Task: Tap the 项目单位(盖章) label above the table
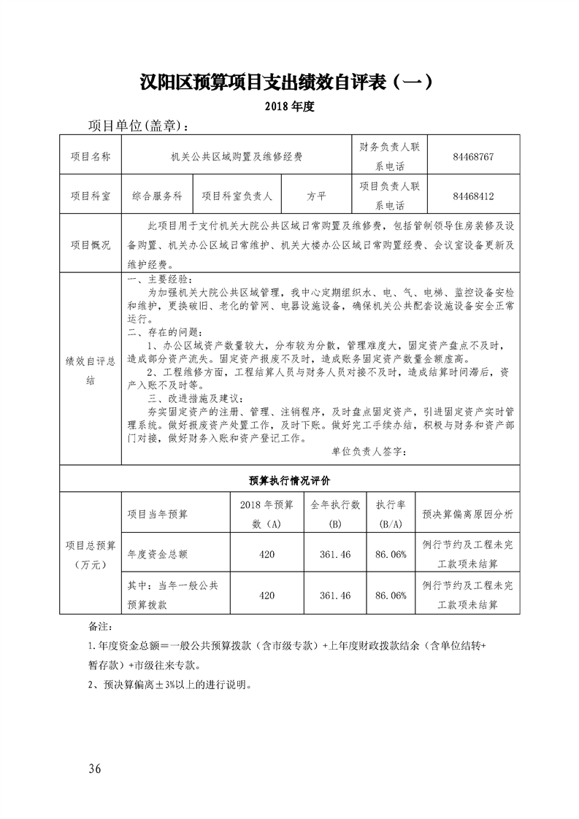(x=138, y=126)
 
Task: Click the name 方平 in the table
(x=316, y=196)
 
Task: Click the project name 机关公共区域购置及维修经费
(x=236, y=155)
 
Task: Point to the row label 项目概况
(x=91, y=245)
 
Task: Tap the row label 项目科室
(x=91, y=196)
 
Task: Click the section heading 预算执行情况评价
(x=289, y=480)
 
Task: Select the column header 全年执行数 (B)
(x=335, y=514)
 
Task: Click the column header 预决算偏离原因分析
(x=467, y=514)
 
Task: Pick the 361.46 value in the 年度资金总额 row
(x=335, y=555)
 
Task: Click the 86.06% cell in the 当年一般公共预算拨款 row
(x=390, y=596)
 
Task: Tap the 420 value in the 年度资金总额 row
(x=267, y=555)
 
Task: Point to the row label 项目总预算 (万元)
(x=91, y=555)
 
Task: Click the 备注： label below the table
(x=99, y=626)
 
